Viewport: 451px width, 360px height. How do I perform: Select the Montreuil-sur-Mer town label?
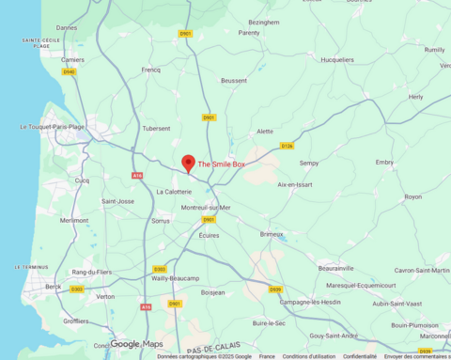(206, 207)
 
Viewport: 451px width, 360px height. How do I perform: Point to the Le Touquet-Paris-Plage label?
(52, 126)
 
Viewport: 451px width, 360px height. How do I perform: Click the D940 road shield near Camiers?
(69, 70)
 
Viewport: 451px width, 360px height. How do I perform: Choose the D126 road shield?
(287, 146)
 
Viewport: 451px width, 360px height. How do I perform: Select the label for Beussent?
(234, 81)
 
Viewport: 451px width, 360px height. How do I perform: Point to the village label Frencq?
(151, 70)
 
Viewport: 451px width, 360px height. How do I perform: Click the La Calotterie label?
(174, 192)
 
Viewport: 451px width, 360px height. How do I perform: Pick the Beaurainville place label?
(335, 268)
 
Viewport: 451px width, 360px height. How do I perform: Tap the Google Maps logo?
(137, 344)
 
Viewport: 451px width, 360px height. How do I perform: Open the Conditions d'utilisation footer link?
(309, 356)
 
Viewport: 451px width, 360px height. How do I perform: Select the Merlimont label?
(74, 220)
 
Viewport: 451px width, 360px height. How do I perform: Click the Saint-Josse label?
(118, 201)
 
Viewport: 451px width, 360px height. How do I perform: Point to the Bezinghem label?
(264, 21)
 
